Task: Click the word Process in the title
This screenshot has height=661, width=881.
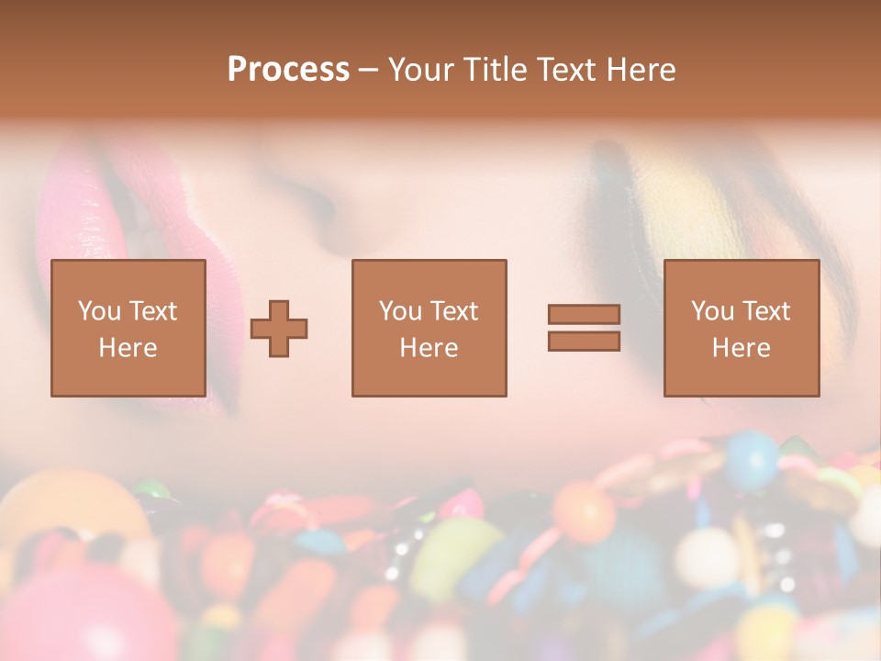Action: pyautogui.click(x=288, y=70)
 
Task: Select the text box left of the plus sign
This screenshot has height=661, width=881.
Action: pyautogui.click(x=128, y=328)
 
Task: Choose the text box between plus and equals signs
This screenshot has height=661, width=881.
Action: pyautogui.click(x=429, y=328)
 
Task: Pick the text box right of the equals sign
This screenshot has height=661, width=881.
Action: pyautogui.click(x=741, y=328)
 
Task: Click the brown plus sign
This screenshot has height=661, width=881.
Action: pyautogui.click(x=279, y=329)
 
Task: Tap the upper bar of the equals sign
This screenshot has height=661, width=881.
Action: pyautogui.click(x=584, y=314)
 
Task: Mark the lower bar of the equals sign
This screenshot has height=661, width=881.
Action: pyautogui.click(x=584, y=341)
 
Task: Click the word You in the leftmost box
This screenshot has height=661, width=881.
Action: pyautogui.click(x=98, y=311)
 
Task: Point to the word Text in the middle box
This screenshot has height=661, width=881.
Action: pyautogui.click(x=453, y=311)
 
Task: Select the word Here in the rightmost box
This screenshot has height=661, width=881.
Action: pyautogui.click(x=741, y=348)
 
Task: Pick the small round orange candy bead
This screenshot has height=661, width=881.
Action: pyautogui.click(x=584, y=510)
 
